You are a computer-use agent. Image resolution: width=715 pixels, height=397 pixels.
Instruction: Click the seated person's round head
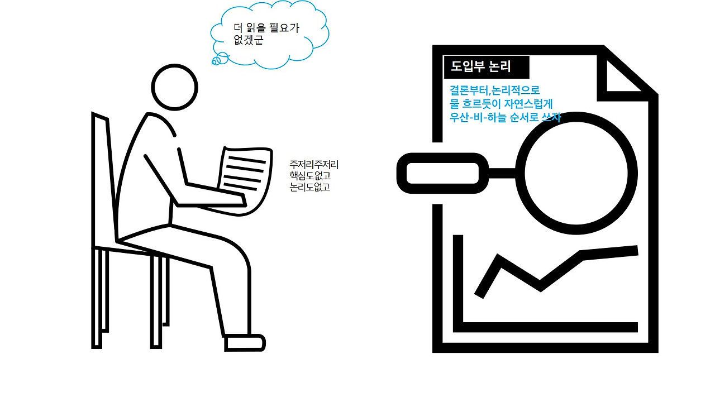(x=175, y=88)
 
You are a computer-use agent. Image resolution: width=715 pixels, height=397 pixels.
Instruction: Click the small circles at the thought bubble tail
(x=220, y=58)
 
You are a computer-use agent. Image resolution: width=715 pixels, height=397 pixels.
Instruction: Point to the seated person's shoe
(x=244, y=342)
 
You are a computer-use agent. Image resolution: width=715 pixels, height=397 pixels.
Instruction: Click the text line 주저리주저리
(x=314, y=165)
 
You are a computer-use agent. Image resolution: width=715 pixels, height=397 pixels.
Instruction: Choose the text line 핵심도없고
(x=310, y=176)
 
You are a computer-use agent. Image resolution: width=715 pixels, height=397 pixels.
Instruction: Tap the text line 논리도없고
(x=310, y=188)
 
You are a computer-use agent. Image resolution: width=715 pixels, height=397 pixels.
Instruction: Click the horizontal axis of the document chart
(x=550, y=327)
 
